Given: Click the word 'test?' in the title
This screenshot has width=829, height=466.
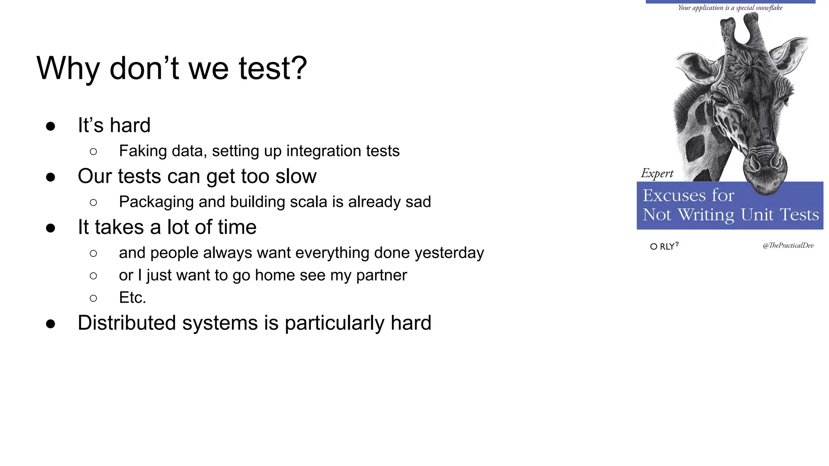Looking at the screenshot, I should (273, 68).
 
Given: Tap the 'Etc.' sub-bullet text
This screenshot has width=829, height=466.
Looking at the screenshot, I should (132, 298).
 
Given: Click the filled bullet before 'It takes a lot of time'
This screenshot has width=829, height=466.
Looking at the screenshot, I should (51, 228).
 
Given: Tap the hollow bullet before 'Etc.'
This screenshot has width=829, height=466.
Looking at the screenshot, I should (94, 299).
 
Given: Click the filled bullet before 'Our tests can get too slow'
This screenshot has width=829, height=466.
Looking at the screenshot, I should (51, 177).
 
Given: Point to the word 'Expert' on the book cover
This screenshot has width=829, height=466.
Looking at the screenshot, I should (657, 174).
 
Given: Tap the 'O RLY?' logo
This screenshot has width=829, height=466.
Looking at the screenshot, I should (664, 246).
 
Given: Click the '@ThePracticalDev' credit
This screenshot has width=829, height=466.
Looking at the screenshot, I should (788, 246).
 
